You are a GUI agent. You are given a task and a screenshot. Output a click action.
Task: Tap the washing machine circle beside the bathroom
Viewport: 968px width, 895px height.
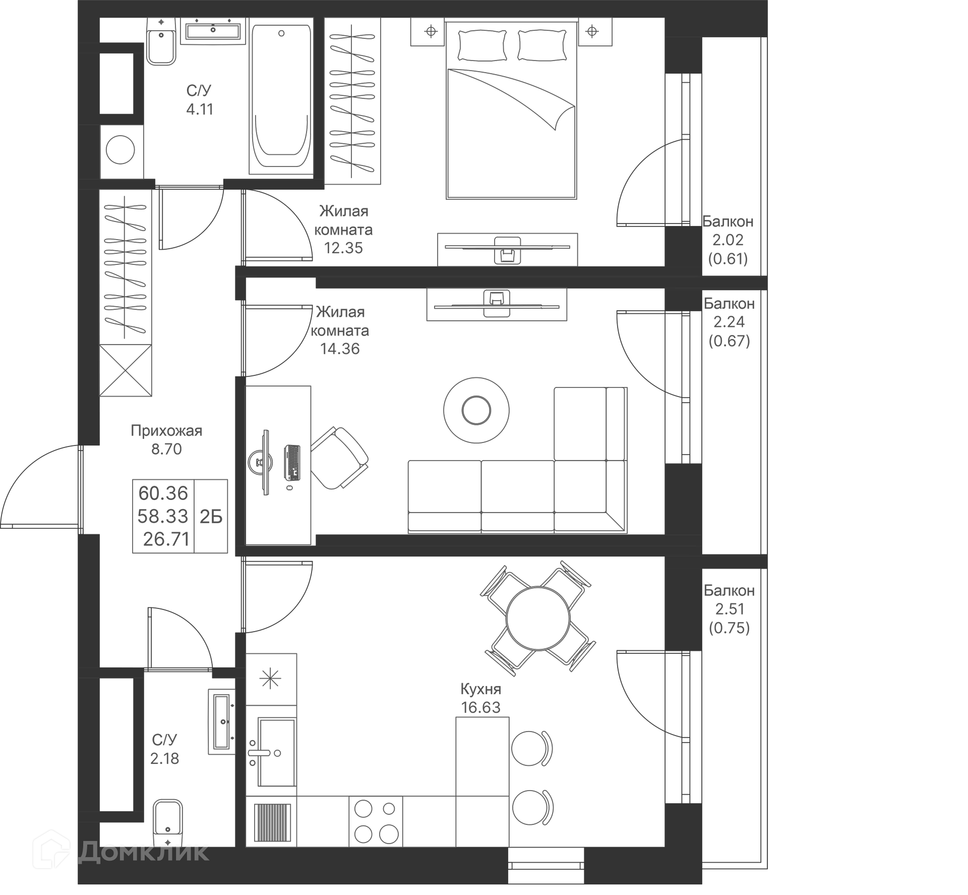click(120, 150)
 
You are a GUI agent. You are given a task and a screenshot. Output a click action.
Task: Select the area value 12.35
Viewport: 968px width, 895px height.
click(343, 248)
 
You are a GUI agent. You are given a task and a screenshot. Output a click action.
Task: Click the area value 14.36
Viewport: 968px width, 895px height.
click(340, 349)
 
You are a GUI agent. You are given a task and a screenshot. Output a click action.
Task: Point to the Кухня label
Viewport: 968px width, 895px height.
click(480, 689)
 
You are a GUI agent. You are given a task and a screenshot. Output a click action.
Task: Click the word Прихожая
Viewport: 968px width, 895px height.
click(166, 430)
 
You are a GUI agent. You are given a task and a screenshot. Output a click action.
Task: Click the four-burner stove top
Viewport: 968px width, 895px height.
click(375, 821)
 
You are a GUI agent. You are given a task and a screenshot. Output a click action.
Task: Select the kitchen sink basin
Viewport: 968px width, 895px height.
click(276, 752)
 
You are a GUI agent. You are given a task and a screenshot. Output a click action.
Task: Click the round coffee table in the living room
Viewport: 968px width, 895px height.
click(476, 410)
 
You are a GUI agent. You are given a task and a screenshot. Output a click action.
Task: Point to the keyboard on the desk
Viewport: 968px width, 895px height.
click(292, 462)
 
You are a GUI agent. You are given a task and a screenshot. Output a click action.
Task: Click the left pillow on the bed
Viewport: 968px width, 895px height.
click(481, 45)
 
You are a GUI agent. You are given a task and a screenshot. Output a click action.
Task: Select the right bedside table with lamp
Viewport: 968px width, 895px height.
click(594, 32)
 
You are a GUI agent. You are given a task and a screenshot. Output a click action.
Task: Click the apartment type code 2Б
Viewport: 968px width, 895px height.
click(211, 517)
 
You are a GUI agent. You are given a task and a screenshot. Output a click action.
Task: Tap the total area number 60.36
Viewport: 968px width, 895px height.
click(163, 493)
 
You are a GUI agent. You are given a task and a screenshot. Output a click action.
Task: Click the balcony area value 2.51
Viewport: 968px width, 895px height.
click(730, 609)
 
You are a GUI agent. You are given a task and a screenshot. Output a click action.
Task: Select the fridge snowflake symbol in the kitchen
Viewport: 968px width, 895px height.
click(270, 679)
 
